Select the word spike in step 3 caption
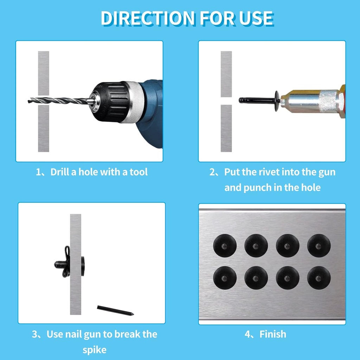pos(94,350)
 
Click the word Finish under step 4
pos(272,334)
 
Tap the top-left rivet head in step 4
pos(225,245)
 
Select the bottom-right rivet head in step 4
pos(319,278)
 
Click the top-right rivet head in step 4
pos(319,245)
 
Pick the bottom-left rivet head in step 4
pos(225,278)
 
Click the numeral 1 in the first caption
pos(39,172)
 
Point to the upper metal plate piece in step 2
pos(226,74)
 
